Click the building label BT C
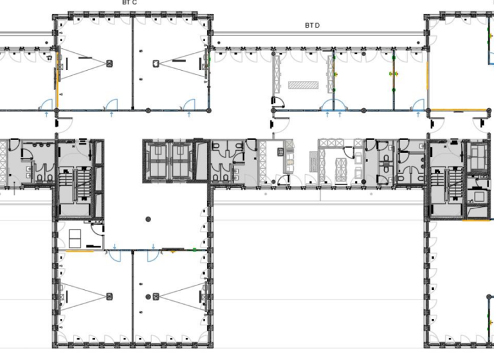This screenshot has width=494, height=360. [x=129, y=3]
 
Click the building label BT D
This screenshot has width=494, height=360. [x=312, y=26]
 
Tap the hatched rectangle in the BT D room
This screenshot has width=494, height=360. [x=304, y=84]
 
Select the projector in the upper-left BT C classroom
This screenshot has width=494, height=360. [x=109, y=63]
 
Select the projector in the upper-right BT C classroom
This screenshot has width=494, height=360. [x=156, y=63]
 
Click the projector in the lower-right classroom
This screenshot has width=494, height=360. [x=156, y=296]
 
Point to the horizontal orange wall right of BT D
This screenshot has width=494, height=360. [x=457, y=111]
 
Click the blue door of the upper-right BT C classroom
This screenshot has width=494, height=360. [x=189, y=105]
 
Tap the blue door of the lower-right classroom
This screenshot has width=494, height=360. [x=154, y=255]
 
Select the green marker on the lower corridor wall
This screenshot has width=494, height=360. [x=194, y=249]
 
